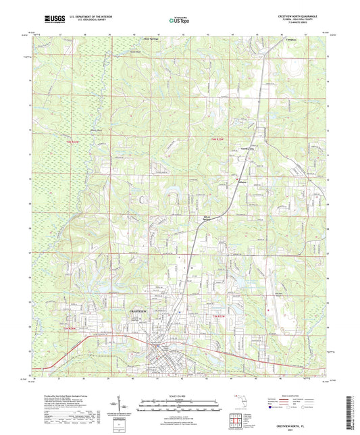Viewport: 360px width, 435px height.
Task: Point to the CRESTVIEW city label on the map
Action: click(138, 309)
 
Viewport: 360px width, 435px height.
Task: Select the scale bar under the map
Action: click(180, 405)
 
